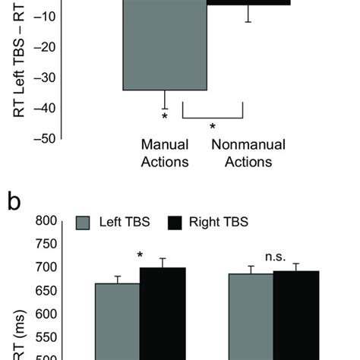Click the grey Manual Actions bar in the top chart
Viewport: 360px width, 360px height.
[x=165, y=46]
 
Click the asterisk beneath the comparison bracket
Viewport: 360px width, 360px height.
[x=213, y=128]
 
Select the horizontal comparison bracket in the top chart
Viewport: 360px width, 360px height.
[x=213, y=118]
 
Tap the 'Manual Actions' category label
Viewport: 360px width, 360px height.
[x=165, y=153]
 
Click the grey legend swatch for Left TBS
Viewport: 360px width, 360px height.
[x=84, y=223]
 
